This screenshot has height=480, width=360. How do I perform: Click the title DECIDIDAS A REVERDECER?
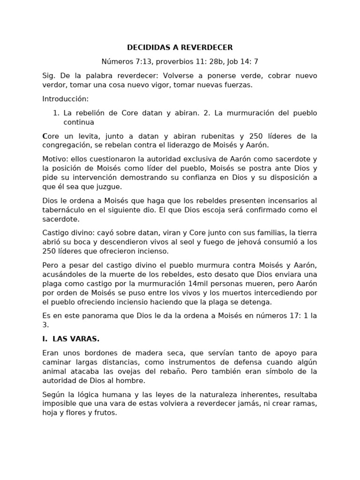[180, 47]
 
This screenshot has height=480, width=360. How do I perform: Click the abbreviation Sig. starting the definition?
[49, 75]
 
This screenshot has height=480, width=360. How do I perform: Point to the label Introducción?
[65, 99]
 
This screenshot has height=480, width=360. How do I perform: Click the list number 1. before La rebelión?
[56, 113]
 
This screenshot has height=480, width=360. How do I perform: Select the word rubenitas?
[224, 136]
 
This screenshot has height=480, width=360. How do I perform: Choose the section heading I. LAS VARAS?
[70, 338]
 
